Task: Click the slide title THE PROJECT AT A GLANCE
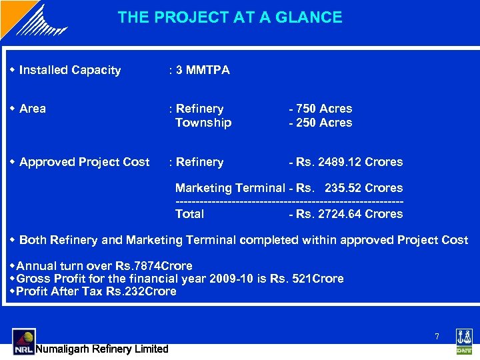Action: coord(230,17)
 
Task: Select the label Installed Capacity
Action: coord(70,70)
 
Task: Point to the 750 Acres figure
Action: coord(323,109)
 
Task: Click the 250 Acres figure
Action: coord(323,123)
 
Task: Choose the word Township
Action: coord(203,123)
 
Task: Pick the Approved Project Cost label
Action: coord(84,162)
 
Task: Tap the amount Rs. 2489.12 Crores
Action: coord(348,162)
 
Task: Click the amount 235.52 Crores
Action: coord(363,188)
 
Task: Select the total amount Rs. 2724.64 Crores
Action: coord(348,214)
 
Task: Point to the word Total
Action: coord(189,214)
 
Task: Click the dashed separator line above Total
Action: coord(289,201)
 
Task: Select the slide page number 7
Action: coord(437,337)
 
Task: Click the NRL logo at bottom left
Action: coord(23,341)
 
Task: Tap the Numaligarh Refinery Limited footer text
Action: coord(101,349)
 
